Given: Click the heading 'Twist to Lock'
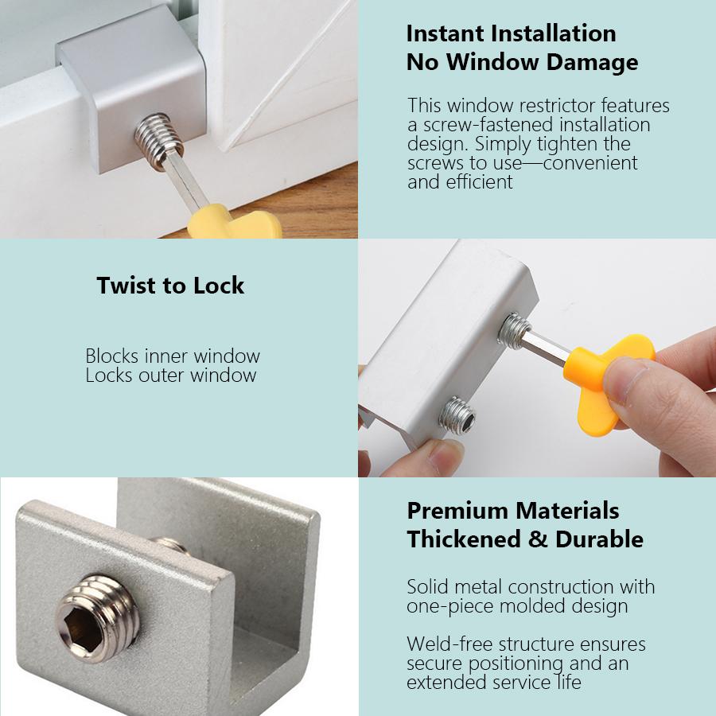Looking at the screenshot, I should pos(170,286).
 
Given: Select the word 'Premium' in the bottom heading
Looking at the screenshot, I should pos(457,511).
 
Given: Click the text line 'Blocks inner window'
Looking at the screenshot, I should pos(173,356).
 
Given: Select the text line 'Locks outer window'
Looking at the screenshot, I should pos(171,375).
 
